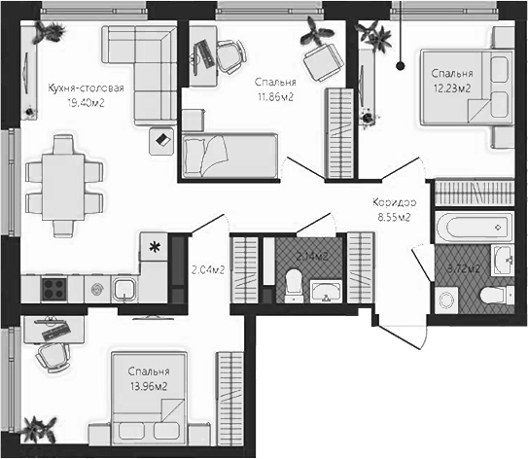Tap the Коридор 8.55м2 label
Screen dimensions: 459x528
pos(394,209)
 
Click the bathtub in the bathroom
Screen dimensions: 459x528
pos(471,229)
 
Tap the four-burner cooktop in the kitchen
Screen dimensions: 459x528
pos(52,288)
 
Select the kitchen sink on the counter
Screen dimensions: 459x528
pos(124,289)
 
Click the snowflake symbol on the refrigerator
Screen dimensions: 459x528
pos(153,247)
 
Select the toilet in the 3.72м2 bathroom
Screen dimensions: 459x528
pos(494,294)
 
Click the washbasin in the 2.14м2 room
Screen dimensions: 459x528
pos(323,289)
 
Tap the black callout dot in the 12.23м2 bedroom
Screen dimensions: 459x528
pos(401,65)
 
